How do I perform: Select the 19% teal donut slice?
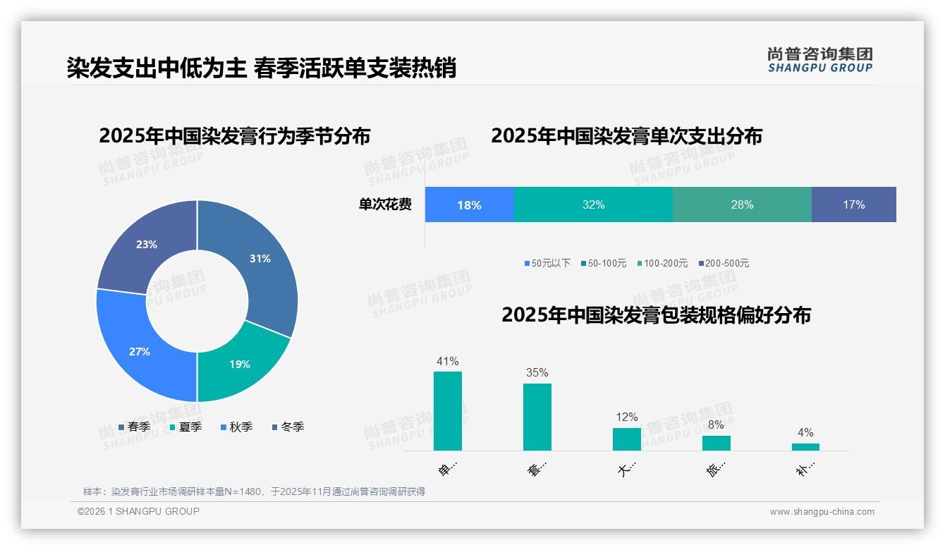240,364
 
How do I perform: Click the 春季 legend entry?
134,427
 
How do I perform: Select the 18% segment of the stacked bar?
469,205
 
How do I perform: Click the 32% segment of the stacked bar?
593,205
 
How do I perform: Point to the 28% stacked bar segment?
742,205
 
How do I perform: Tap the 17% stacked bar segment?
853,205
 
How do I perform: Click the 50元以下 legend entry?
547,263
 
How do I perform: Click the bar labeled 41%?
448,411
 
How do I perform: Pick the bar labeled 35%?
537,417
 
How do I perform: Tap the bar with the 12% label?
627,439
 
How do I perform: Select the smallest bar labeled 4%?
805,447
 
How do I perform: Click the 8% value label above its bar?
716,425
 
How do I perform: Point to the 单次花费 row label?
385,205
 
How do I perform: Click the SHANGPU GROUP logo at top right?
819,60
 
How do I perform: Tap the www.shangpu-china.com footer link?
822,512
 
